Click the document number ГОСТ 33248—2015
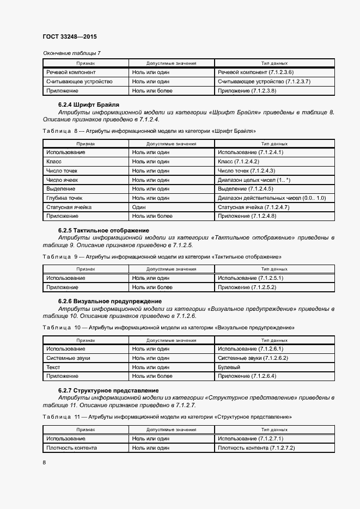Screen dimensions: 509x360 [x=69, y=36]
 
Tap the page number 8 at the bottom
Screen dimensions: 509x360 [x=44, y=462]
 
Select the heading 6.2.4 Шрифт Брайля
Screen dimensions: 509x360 [x=89, y=104]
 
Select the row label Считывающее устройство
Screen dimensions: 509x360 [x=80, y=82]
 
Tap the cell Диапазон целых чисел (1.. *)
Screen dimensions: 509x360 [x=254, y=180]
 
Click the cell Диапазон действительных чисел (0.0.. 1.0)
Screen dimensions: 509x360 [x=271, y=198]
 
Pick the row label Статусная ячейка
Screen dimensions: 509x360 [x=69, y=207]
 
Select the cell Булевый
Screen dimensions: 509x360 [x=229, y=367]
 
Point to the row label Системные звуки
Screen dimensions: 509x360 [x=68, y=358]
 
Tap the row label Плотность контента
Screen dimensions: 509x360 [x=72, y=447]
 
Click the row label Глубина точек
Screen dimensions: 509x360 [x=64, y=198]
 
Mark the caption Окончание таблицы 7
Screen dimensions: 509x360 [x=71, y=53]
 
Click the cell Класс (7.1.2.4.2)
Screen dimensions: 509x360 [x=238, y=162]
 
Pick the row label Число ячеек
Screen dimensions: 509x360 [x=62, y=180]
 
